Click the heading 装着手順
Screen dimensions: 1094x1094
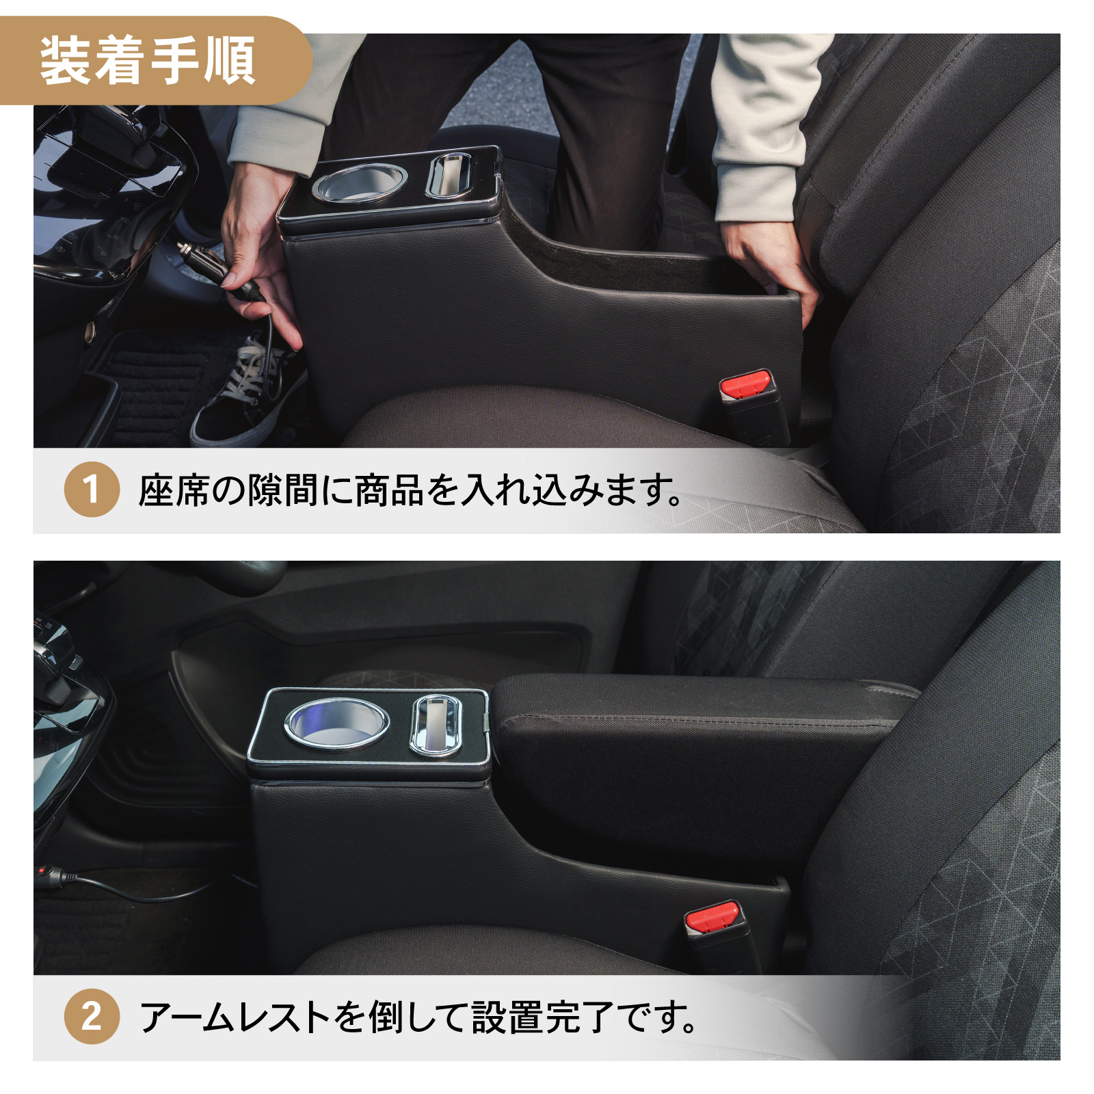tap(147, 62)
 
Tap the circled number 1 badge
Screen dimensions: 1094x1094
tap(92, 489)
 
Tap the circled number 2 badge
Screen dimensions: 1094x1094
tap(92, 1016)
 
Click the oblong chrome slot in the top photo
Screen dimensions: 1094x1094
tap(449, 174)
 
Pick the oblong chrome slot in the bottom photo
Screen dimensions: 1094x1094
tap(435, 725)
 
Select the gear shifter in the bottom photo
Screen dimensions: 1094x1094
tap(58, 656)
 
